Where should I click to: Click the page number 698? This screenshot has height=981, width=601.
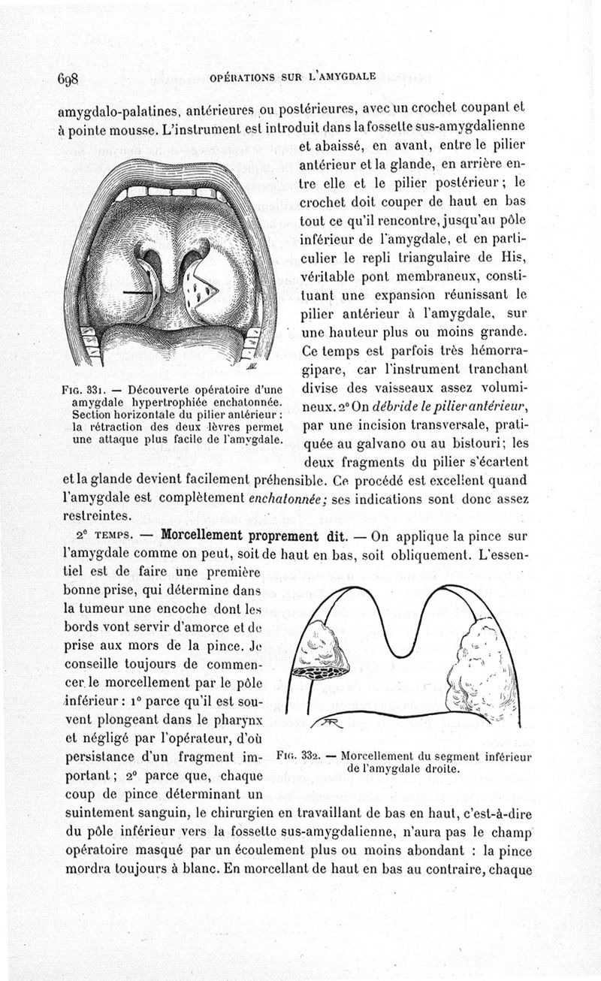[x=68, y=78]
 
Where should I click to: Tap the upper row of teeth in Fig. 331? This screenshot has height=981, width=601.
[x=171, y=192]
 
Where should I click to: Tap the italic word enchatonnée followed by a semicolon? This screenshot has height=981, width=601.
[x=281, y=499]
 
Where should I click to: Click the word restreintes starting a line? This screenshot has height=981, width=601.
[x=94, y=517]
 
